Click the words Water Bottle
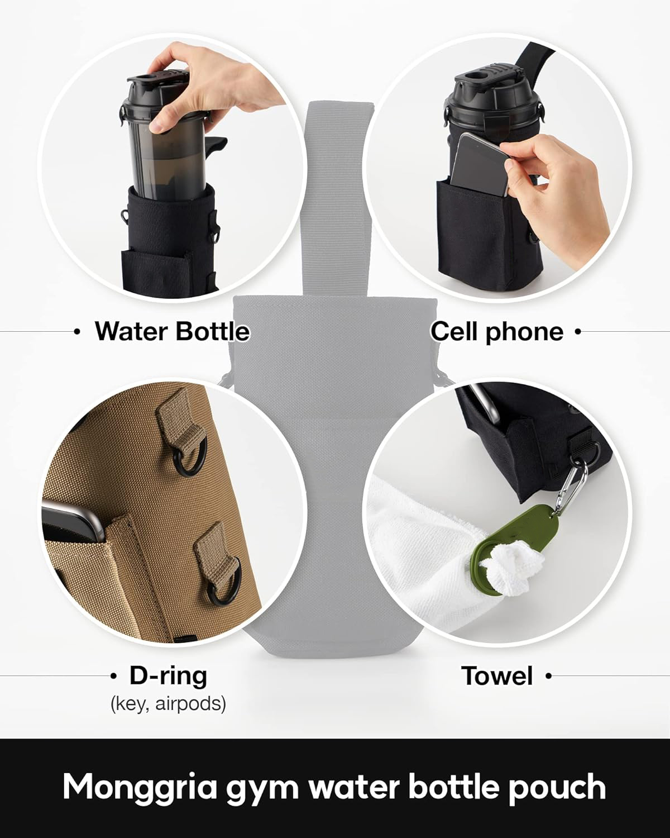172,332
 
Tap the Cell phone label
497,332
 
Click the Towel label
497,676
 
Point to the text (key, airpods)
168,704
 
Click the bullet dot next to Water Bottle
78,332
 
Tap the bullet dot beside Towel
548,676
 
